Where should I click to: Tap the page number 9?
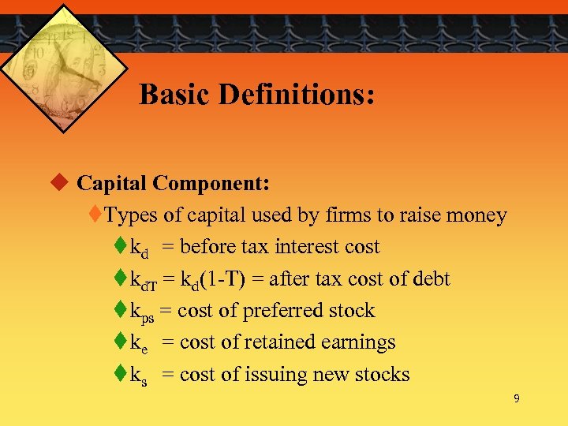(x=516, y=399)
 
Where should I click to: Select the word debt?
(x=431, y=278)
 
